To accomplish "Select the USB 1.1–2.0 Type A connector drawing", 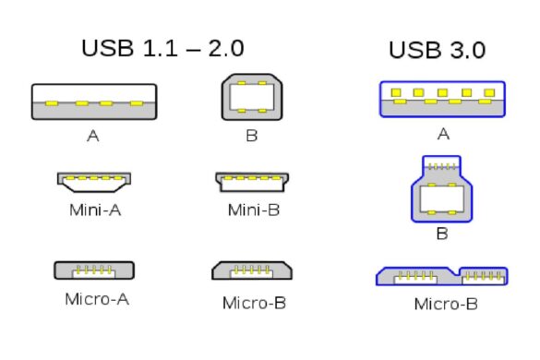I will coord(94,102).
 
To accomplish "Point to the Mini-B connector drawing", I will coord(253,180).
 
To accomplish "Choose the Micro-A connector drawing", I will coord(94,270).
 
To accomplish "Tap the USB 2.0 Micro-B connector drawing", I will coord(253,270).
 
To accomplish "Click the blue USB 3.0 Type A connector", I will coord(442,99).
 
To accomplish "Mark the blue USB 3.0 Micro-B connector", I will coord(442,275).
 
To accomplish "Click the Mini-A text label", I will coord(95,210).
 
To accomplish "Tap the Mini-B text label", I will coord(254,210).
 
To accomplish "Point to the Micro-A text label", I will coord(95,299).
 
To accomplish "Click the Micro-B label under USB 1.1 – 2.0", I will coord(254,302).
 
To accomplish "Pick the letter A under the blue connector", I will coord(443,135).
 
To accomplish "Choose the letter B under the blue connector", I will coord(442,234).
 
